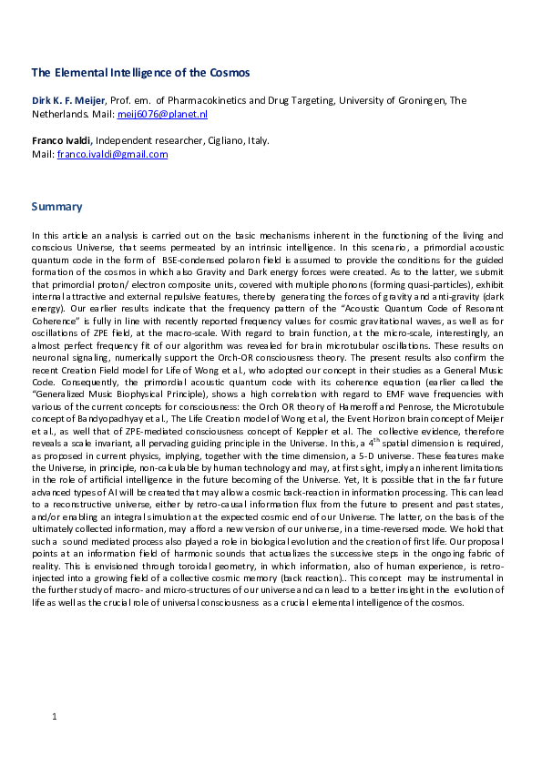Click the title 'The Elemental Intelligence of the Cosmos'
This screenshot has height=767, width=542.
click(140, 72)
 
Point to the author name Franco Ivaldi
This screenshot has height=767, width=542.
click(60, 140)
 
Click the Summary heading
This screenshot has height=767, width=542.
click(56, 207)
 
